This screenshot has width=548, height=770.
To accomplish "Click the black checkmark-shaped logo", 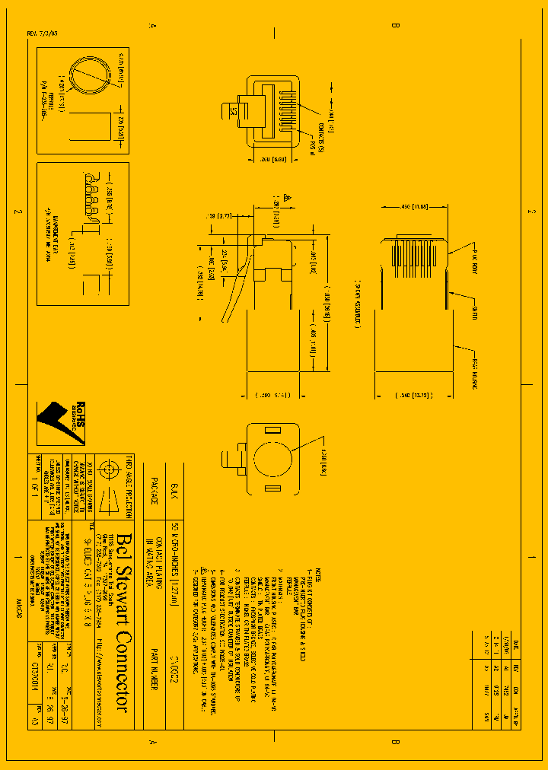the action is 53,423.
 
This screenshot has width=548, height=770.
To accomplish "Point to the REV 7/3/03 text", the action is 42,34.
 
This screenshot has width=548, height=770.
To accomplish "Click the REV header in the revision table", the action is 524,668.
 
